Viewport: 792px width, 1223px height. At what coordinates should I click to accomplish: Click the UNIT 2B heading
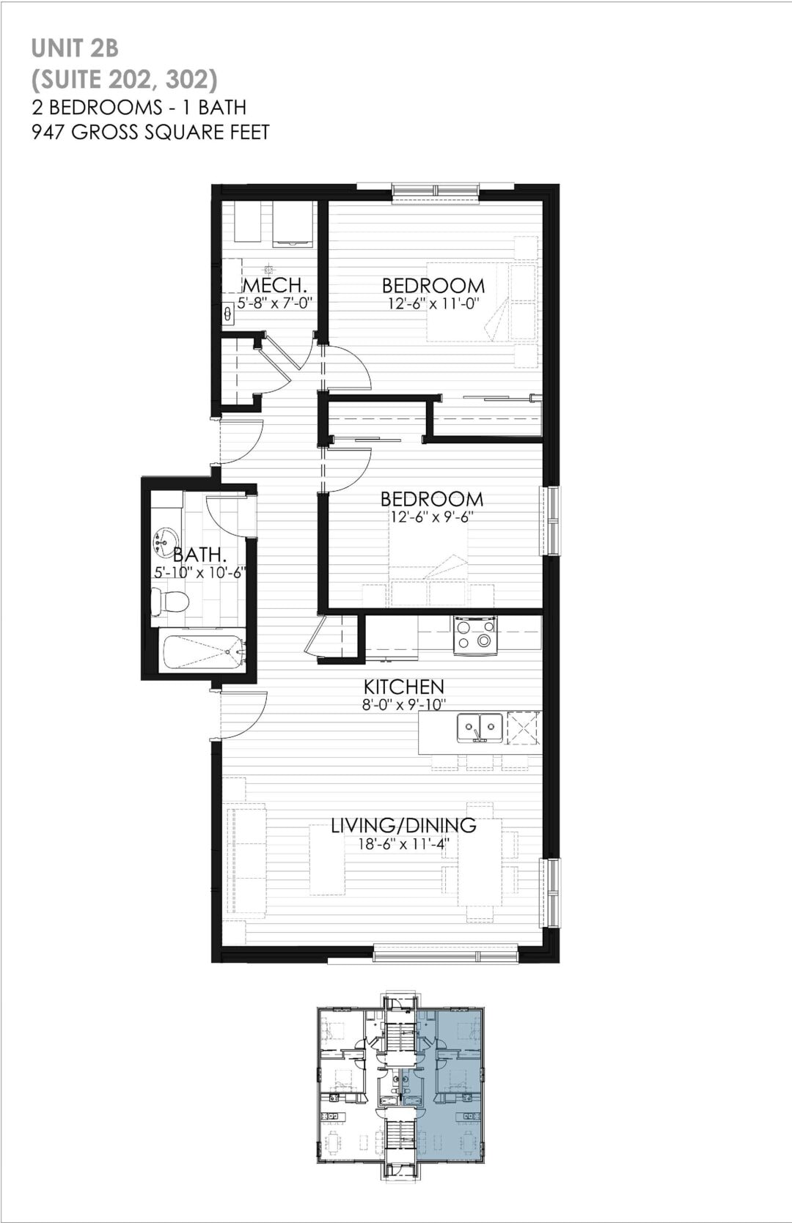click(75, 49)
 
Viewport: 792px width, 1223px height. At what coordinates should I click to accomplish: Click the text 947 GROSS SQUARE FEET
click(150, 132)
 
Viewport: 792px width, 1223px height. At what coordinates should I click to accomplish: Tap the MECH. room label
click(274, 284)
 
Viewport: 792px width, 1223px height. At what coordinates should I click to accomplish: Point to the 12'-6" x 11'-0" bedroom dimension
click(433, 303)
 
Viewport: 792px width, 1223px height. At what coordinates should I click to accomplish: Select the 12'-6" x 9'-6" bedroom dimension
click(432, 517)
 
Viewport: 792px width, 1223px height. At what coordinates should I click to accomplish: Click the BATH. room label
click(200, 555)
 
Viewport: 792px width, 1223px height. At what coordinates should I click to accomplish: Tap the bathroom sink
click(164, 541)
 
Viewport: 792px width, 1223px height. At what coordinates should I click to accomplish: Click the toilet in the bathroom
click(169, 601)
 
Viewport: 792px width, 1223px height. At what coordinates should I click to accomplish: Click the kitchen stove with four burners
click(475, 635)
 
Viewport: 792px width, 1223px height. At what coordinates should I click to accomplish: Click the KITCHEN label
click(404, 687)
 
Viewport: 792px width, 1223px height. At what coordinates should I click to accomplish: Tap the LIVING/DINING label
click(403, 825)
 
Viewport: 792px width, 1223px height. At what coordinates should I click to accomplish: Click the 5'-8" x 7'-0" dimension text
click(274, 303)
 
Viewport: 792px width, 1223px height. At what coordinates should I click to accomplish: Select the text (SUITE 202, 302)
click(125, 80)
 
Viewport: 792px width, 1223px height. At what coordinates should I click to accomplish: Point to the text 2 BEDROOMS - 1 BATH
click(139, 107)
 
